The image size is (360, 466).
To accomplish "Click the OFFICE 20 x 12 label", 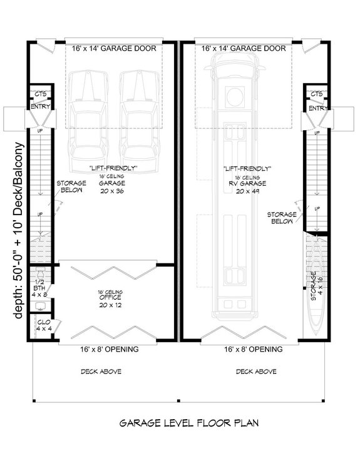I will click(x=114, y=298).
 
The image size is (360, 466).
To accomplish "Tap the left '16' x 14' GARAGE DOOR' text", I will click(x=114, y=48).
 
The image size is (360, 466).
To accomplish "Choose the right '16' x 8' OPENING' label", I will click(x=247, y=349).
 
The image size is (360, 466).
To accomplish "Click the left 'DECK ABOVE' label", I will click(x=101, y=372).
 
